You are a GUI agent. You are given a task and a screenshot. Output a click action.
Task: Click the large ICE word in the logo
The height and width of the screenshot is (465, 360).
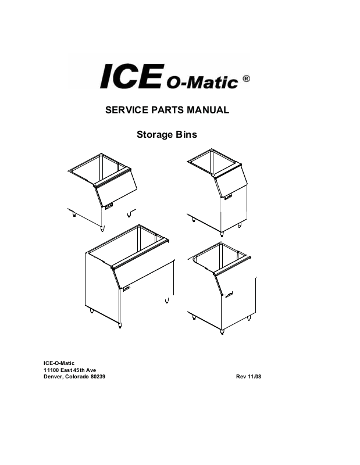[x=131, y=77]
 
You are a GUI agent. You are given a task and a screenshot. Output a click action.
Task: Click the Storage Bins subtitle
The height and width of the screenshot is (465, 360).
[x=166, y=135]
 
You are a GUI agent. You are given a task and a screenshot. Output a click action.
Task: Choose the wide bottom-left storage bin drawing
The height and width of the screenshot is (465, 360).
[x=128, y=273]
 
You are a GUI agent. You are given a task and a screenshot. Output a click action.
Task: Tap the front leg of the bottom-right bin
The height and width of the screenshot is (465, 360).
[x=222, y=331]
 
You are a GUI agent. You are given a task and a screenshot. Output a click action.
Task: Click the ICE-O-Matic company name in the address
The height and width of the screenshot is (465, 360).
[x=59, y=363]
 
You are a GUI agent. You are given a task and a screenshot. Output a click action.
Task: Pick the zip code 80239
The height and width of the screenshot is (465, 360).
[x=98, y=377]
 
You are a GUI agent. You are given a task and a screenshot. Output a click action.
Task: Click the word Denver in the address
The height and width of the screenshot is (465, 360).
[x=54, y=377]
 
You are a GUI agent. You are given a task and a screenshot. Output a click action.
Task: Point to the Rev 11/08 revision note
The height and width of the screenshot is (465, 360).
[x=249, y=377]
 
